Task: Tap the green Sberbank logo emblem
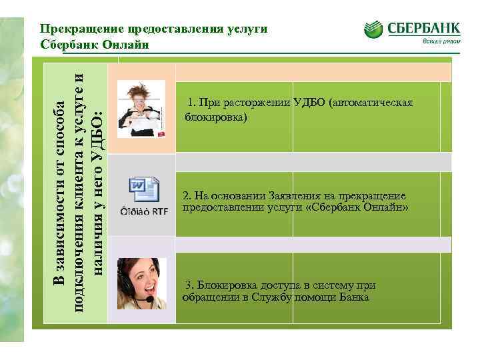pos(373,29)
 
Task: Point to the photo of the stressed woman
pos(141,104)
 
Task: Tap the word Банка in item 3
pos(354,297)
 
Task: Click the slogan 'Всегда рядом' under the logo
pos(439,41)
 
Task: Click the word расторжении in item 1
pos(257,103)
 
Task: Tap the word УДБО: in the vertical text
pos(96,137)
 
